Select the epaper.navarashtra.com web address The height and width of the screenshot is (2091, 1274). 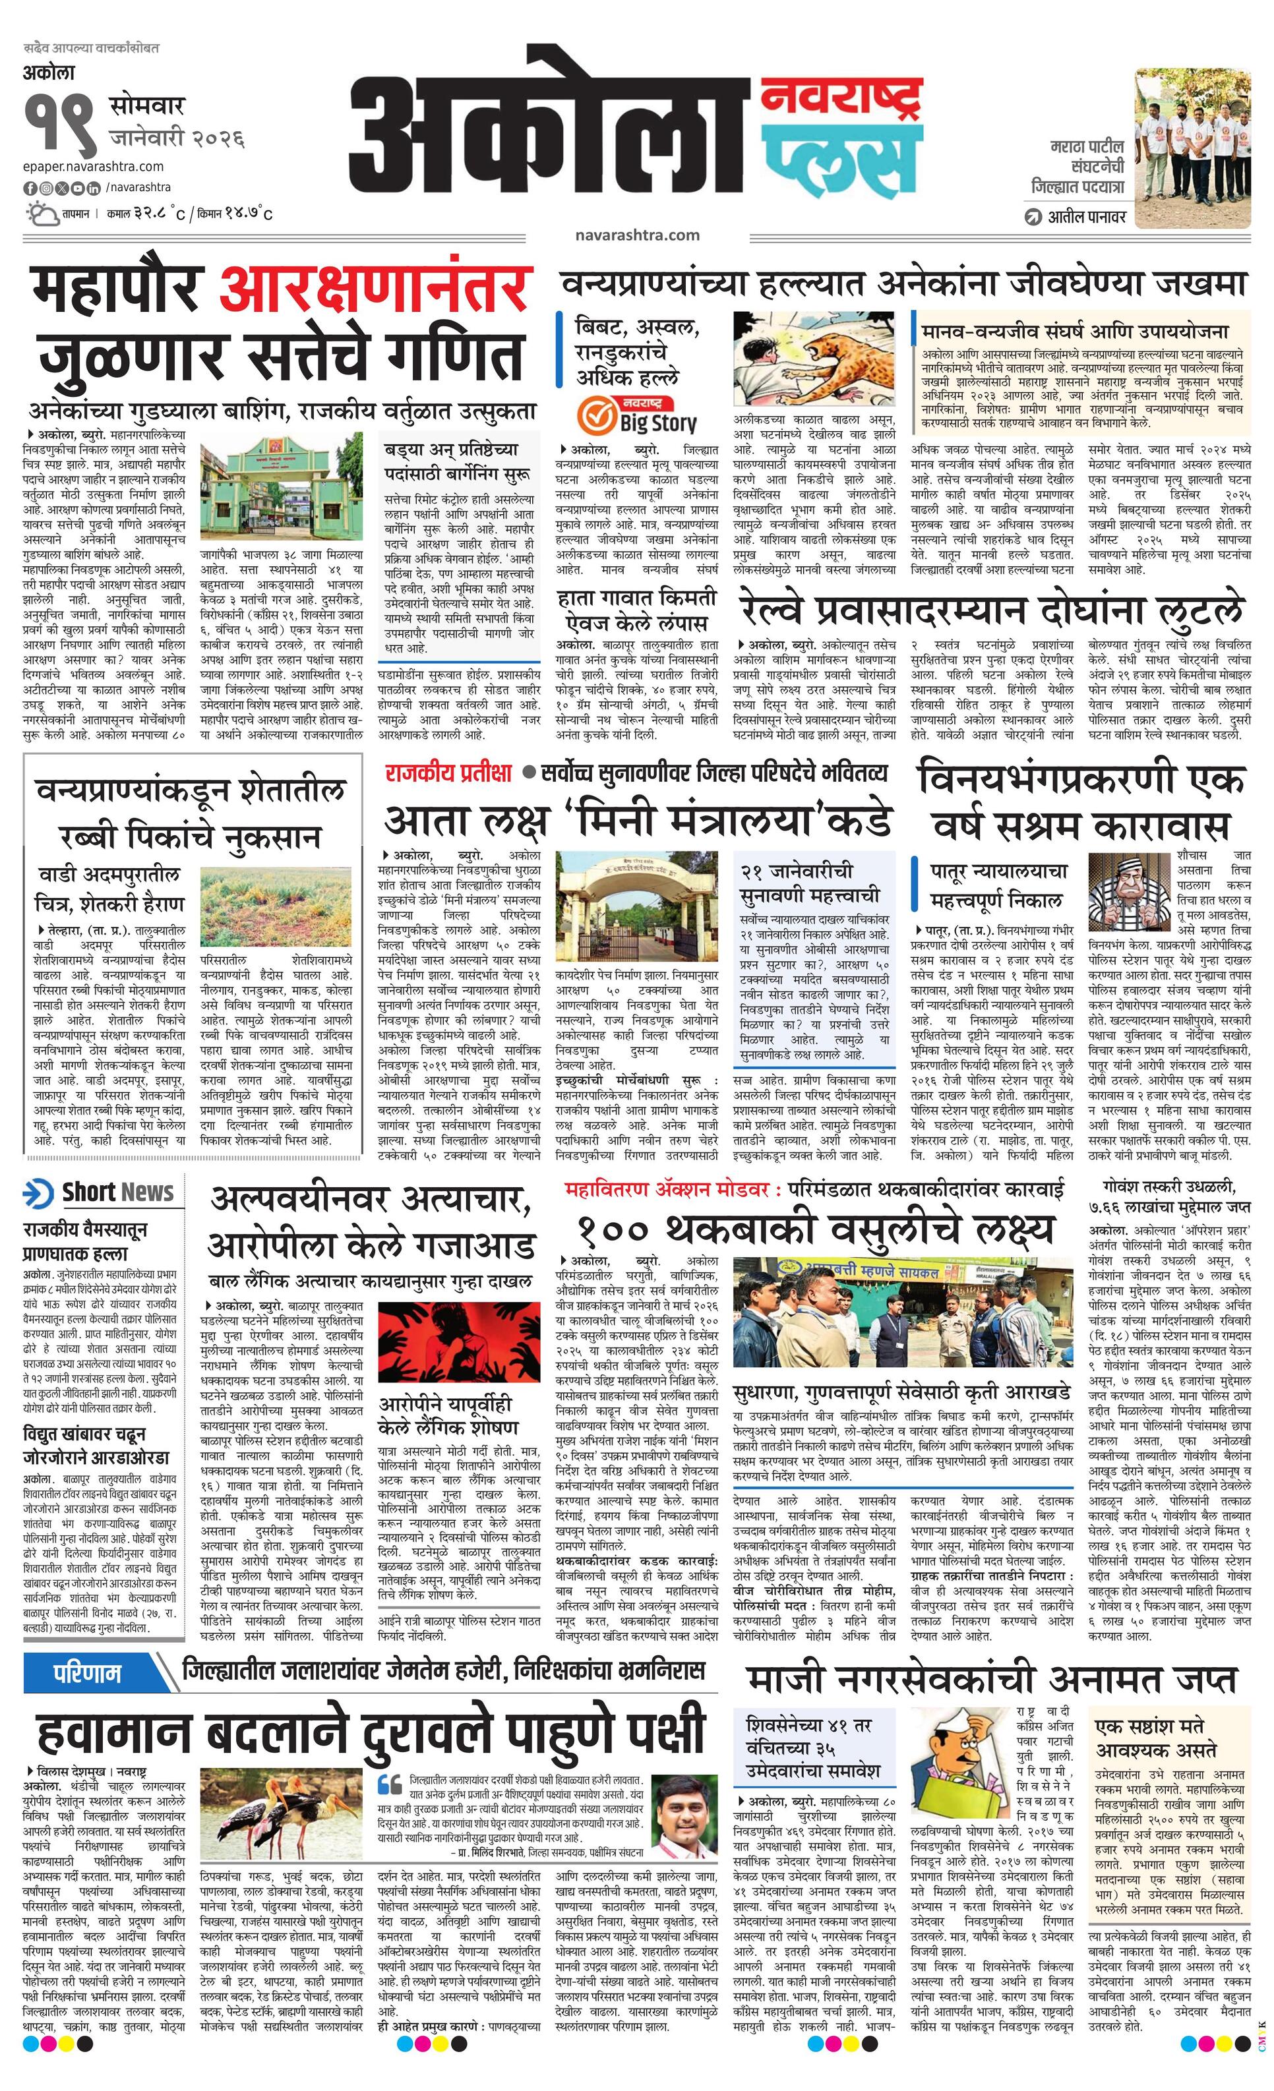pyautogui.click(x=94, y=166)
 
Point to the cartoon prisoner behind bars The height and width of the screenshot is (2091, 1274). pyautogui.click(x=1124, y=895)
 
